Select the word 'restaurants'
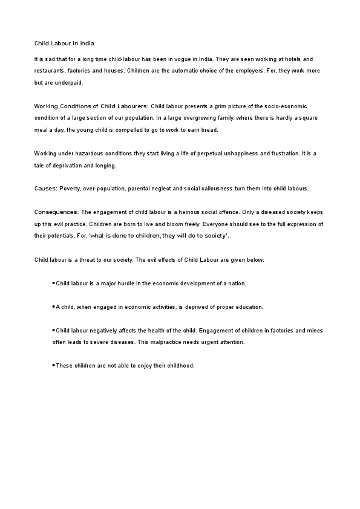pos(50,71)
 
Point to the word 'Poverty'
pos(70,189)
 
